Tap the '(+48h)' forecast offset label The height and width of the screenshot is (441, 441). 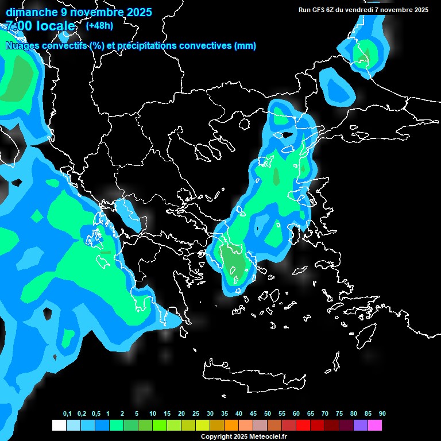[x=99, y=25]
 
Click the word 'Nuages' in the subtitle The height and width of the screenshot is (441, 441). [x=22, y=46]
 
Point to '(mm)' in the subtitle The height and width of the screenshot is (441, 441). [x=245, y=46]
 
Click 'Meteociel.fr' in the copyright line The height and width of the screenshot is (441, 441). [x=268, y=437]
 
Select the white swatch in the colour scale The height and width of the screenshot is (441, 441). [x=59, y=425]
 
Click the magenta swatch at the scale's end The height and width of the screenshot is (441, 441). [x=375, y=425]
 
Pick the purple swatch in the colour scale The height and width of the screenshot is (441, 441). [x=361, y=425]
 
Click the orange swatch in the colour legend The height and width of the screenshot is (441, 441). [x=231, y=425]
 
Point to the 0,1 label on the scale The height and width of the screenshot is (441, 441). [x=67, y=414]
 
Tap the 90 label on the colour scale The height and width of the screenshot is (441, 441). [x=382, y=414]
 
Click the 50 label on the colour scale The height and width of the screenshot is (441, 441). [x=268, y=414]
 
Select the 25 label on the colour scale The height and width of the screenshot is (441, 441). [x=196, y=414]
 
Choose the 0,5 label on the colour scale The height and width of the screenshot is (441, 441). [x=95, y=414]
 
